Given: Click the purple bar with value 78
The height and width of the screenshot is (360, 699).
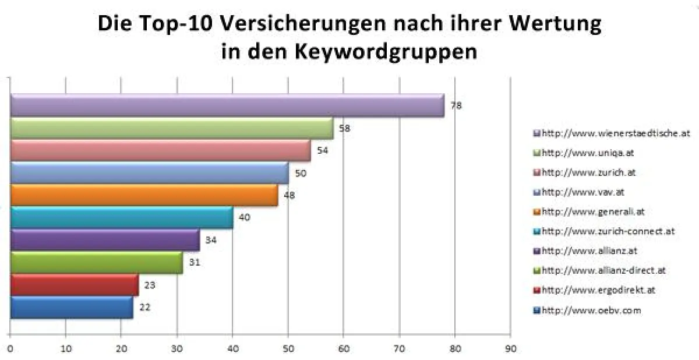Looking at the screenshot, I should (x=227, y=105).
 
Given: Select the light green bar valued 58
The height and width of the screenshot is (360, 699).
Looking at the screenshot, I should (x=172, y=128).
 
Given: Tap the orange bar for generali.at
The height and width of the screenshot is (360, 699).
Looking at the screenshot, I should (x=144, y=195).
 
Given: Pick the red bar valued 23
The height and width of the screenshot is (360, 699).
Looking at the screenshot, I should (x=74, y=285).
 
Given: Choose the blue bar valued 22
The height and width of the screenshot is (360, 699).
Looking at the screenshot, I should (x=71, y=307).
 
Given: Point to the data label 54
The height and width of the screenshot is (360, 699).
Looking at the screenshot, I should (x=322, y=150).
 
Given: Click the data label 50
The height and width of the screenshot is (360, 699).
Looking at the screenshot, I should (x=301, y=173).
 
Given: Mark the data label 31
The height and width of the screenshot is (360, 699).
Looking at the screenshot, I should (x=195, y=262).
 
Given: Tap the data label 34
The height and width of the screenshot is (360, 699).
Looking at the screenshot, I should (x=211, y=240).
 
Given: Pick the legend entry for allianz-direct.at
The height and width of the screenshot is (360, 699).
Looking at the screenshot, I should (x=603, y=270).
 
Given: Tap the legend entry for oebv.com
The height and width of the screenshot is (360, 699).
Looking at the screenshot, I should (x=591, y=310).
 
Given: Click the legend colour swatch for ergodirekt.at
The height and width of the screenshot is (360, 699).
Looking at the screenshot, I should (x=538, y=290).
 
